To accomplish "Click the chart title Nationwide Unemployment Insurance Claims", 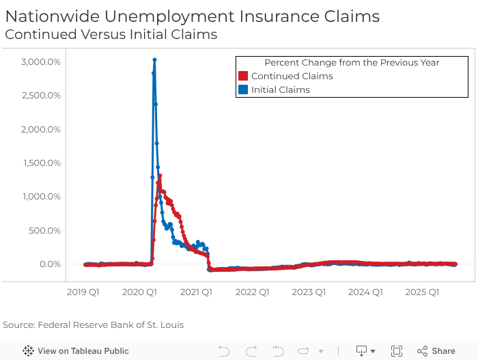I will (192, 16).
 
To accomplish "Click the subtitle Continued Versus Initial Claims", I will (111, 34).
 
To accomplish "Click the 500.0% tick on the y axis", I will (46, 230).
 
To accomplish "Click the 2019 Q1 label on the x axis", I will (83, 292).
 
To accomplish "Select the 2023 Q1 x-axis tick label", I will (309, 292).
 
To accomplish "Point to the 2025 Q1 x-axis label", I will (421, 292).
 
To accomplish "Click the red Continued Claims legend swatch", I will (242, 77).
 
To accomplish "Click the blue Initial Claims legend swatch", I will (242, 89).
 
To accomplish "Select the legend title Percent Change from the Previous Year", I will (352, 62).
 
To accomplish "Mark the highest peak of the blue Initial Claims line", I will (154, 60).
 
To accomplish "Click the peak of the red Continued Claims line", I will (160, 176).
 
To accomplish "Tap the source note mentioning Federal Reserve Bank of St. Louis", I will (94, 324).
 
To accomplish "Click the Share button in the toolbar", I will (436, 351).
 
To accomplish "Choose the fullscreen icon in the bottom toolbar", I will (397, 351).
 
